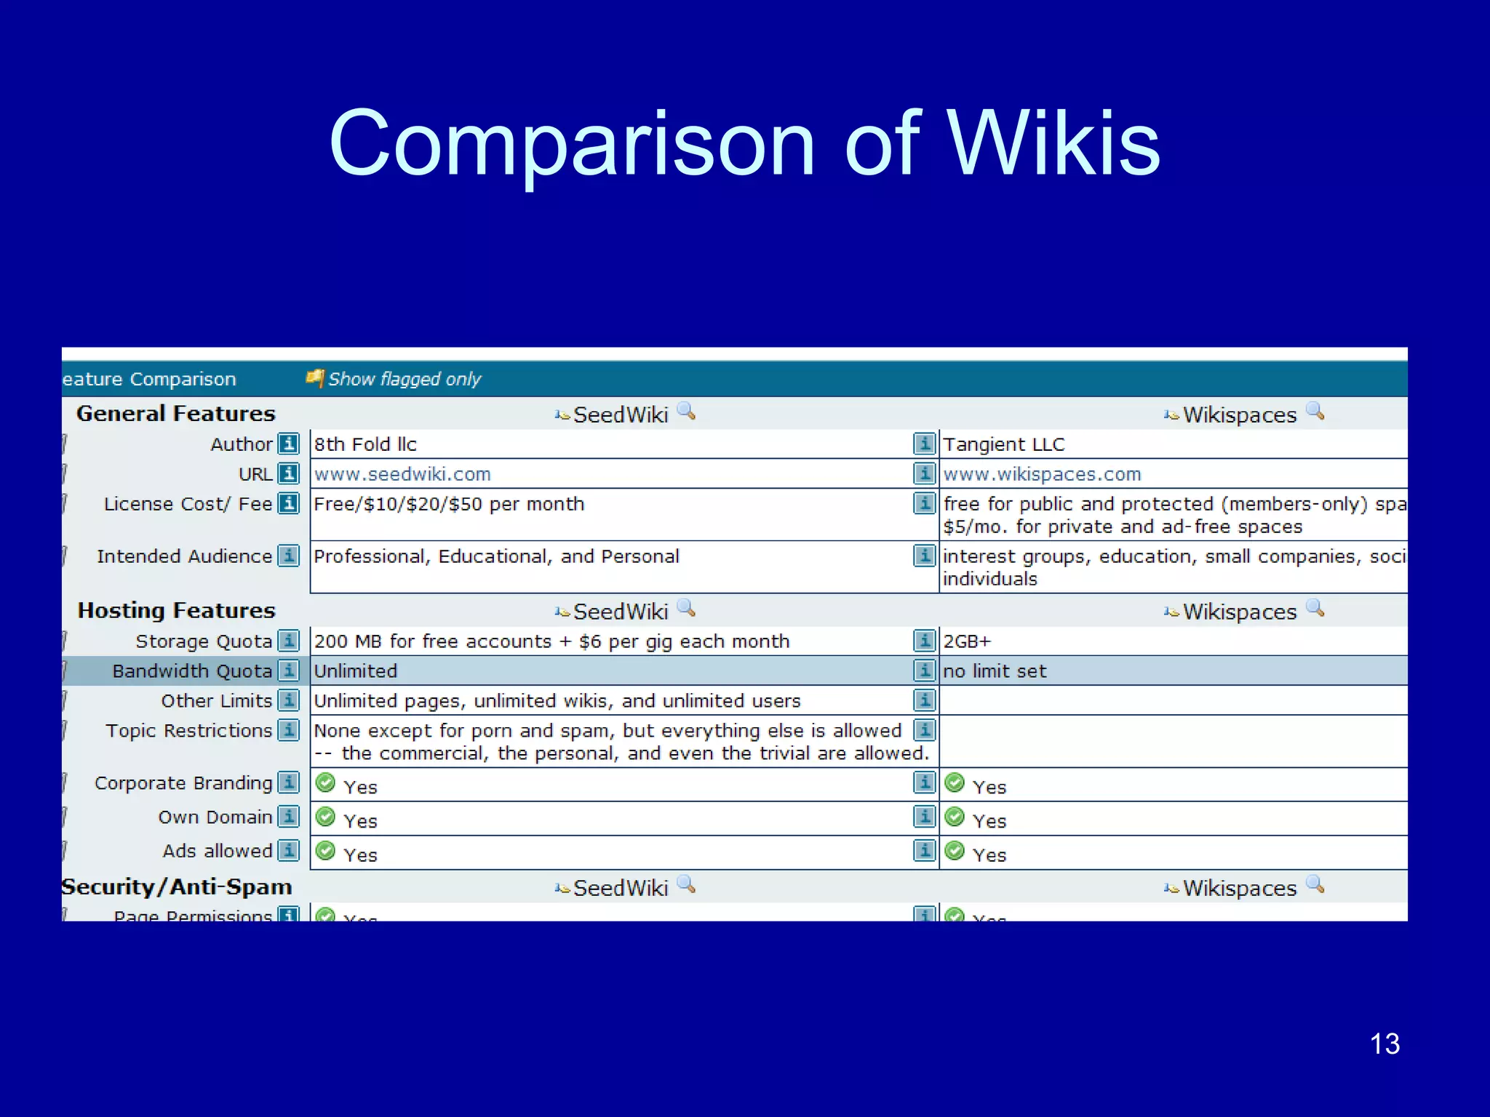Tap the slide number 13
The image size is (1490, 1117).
coord(1384,1044)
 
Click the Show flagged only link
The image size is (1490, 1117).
coord(404,379)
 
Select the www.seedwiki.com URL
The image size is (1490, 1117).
coord(402,474)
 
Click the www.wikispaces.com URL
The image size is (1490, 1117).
coord(1042,474)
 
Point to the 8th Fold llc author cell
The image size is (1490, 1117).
coord(365,444)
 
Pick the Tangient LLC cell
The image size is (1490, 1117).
coord(1003,444)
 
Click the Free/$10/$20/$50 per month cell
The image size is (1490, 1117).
coord(449,504)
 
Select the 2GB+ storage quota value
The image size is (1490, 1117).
coord(967,641)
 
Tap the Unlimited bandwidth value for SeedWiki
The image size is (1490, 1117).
coord(356,671)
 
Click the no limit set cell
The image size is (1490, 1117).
coord(995,671)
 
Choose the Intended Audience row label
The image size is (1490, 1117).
coord(184,556)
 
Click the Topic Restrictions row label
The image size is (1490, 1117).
coord(188,731)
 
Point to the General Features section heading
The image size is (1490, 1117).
coord(176,414)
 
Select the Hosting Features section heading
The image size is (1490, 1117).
coord(177,611)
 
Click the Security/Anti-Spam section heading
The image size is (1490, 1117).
coord(177,887)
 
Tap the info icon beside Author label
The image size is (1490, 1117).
coord(289,444)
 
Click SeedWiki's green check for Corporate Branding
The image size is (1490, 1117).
coord(326,783)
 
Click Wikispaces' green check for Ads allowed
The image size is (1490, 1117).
coord(955,851)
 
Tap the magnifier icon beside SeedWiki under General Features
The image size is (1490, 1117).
coord(686,412)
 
